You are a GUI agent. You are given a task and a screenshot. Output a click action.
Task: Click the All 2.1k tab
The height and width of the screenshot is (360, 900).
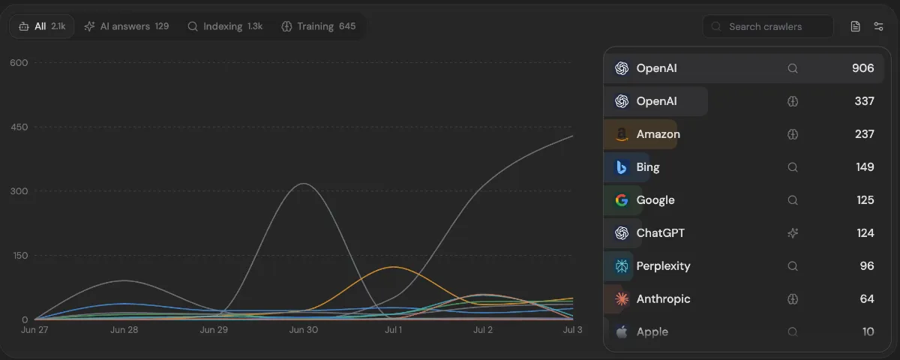[42, 26]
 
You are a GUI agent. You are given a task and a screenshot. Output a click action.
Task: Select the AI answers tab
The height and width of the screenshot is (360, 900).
[127, 26]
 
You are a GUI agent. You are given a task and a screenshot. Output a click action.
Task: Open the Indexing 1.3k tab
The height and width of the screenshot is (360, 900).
[225, 26]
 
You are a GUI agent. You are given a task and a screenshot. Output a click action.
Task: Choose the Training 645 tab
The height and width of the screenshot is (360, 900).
[319, 26]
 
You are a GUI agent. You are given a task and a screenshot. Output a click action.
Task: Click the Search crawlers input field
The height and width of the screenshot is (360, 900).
[768, 26]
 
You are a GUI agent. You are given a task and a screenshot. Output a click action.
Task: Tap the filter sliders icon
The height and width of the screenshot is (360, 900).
[879, 26]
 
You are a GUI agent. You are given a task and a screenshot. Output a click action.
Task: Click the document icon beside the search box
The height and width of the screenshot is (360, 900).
[856, 26]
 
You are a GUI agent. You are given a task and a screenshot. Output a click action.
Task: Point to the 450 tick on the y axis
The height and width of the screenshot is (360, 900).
[19, 127]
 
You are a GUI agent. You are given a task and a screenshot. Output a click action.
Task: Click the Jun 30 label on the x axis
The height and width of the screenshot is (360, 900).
[303, 330]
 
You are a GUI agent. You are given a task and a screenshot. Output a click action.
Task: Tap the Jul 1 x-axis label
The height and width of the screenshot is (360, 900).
[393, 330]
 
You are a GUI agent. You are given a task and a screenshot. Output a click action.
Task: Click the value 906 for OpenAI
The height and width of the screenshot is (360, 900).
[863, 68]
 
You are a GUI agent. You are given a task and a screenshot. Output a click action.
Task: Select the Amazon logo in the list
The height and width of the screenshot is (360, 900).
[622, 134]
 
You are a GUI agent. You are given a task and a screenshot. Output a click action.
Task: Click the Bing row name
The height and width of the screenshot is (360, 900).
[648, 167]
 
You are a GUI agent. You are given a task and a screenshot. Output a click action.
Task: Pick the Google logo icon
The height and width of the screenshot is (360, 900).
[622, 200]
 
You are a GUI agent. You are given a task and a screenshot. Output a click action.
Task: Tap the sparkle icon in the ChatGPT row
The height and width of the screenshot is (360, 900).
[793, 233]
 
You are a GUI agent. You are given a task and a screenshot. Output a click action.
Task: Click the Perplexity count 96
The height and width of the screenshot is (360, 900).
[867, 266]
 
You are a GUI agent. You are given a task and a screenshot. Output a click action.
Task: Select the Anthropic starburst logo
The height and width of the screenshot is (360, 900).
[622, 299]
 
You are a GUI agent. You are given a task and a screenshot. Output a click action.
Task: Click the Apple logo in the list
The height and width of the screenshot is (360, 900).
[622, 331]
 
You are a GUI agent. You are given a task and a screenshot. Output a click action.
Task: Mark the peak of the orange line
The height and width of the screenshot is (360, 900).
[394, 267]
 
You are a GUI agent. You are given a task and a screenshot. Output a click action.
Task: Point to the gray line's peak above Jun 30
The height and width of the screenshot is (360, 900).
[304, 184]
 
